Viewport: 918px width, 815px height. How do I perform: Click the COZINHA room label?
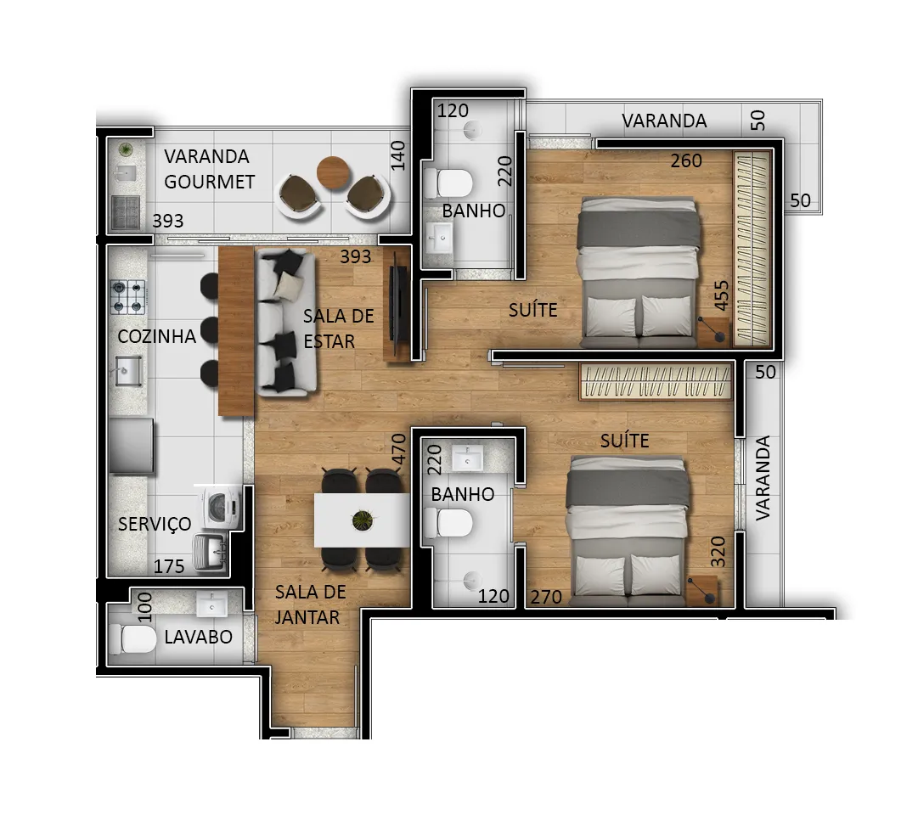[x=156, y=336]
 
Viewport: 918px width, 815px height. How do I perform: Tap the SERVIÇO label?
[x=155, y=524]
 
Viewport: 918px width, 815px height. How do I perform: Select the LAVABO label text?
[x=199, y=637]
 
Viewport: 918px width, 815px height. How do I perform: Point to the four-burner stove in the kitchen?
[x=127, y=297]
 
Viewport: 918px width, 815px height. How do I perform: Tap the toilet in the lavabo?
[x=132, y=638]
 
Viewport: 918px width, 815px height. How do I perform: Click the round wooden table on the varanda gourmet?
[x=333, y=172]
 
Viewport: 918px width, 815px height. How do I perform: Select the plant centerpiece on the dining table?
[x=363, y=520]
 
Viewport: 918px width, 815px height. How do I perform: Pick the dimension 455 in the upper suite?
[x=722, y=295]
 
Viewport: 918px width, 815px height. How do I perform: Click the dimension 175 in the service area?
[x=169, y=566]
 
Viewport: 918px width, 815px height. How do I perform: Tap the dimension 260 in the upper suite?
[x=686, y=160]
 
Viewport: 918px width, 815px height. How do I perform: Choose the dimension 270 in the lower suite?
[x=546, y=597]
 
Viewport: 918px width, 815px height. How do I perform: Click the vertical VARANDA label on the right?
[x=763, y=478]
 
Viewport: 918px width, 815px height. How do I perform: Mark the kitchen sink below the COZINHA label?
[x=128, y=371]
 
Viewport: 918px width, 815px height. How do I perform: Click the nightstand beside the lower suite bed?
[x=702, y=590]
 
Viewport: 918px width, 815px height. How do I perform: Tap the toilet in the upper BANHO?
[x=448, y=183]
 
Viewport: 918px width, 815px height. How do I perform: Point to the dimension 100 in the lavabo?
[x=144, y=607]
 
